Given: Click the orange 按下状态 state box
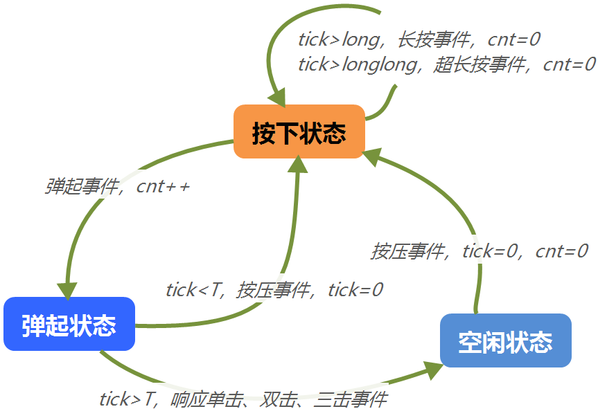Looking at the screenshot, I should [299, 131].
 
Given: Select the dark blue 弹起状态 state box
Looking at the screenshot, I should [69, 324].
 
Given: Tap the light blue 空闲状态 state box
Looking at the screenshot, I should [505, 340].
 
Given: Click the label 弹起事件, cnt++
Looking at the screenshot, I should [117, 187].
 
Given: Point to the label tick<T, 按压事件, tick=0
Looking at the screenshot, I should [274, 289].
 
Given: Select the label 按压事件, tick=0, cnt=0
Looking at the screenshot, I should [479, 251].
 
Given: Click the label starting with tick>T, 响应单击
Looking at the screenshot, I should [243, 399].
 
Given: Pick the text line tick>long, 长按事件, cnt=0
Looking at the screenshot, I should [419, 39].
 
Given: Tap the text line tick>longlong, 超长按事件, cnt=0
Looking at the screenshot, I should [446, 64].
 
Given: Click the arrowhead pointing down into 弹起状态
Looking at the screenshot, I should [68, 291].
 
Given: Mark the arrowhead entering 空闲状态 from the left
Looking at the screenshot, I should [434, 370].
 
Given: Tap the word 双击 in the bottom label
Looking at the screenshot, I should [279, 399].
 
